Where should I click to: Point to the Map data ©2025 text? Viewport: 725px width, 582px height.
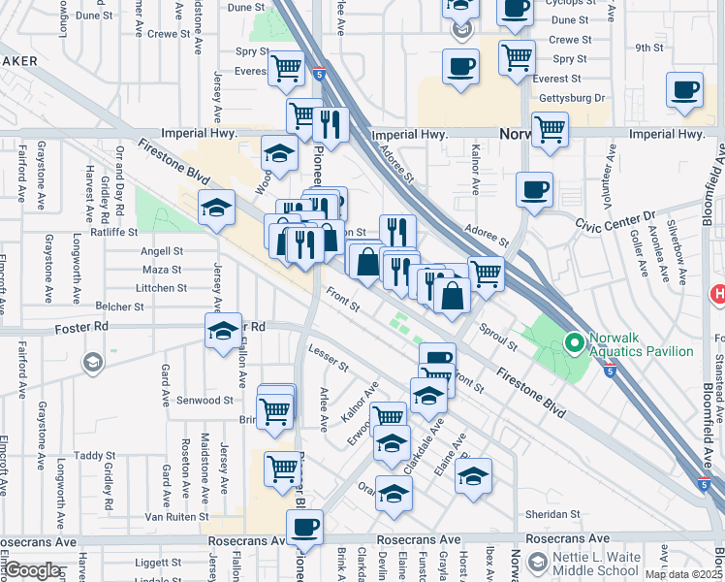[682, 574]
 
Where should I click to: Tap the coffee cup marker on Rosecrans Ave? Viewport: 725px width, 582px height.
[305, 528]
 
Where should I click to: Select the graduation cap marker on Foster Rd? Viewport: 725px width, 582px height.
[223, 330]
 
